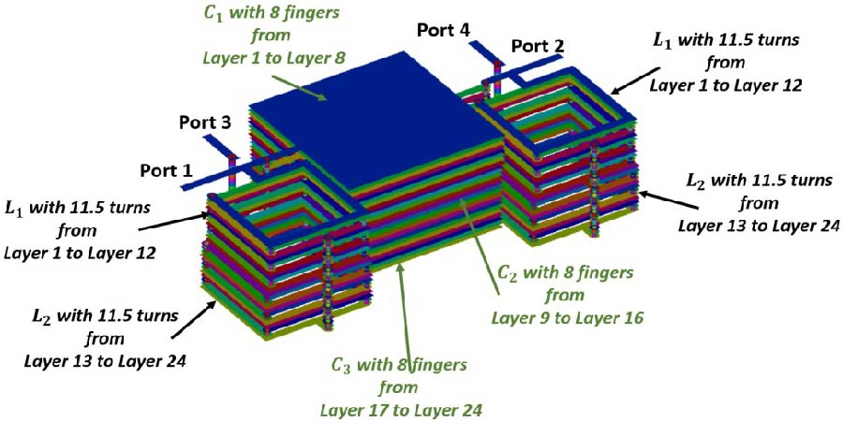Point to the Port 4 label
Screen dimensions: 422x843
(x=445, y=30)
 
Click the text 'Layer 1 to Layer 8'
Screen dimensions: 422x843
(x=274, y=58)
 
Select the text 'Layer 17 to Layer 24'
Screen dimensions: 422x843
(x=402, y=409)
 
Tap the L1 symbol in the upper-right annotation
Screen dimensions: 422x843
(x=662, y=42)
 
